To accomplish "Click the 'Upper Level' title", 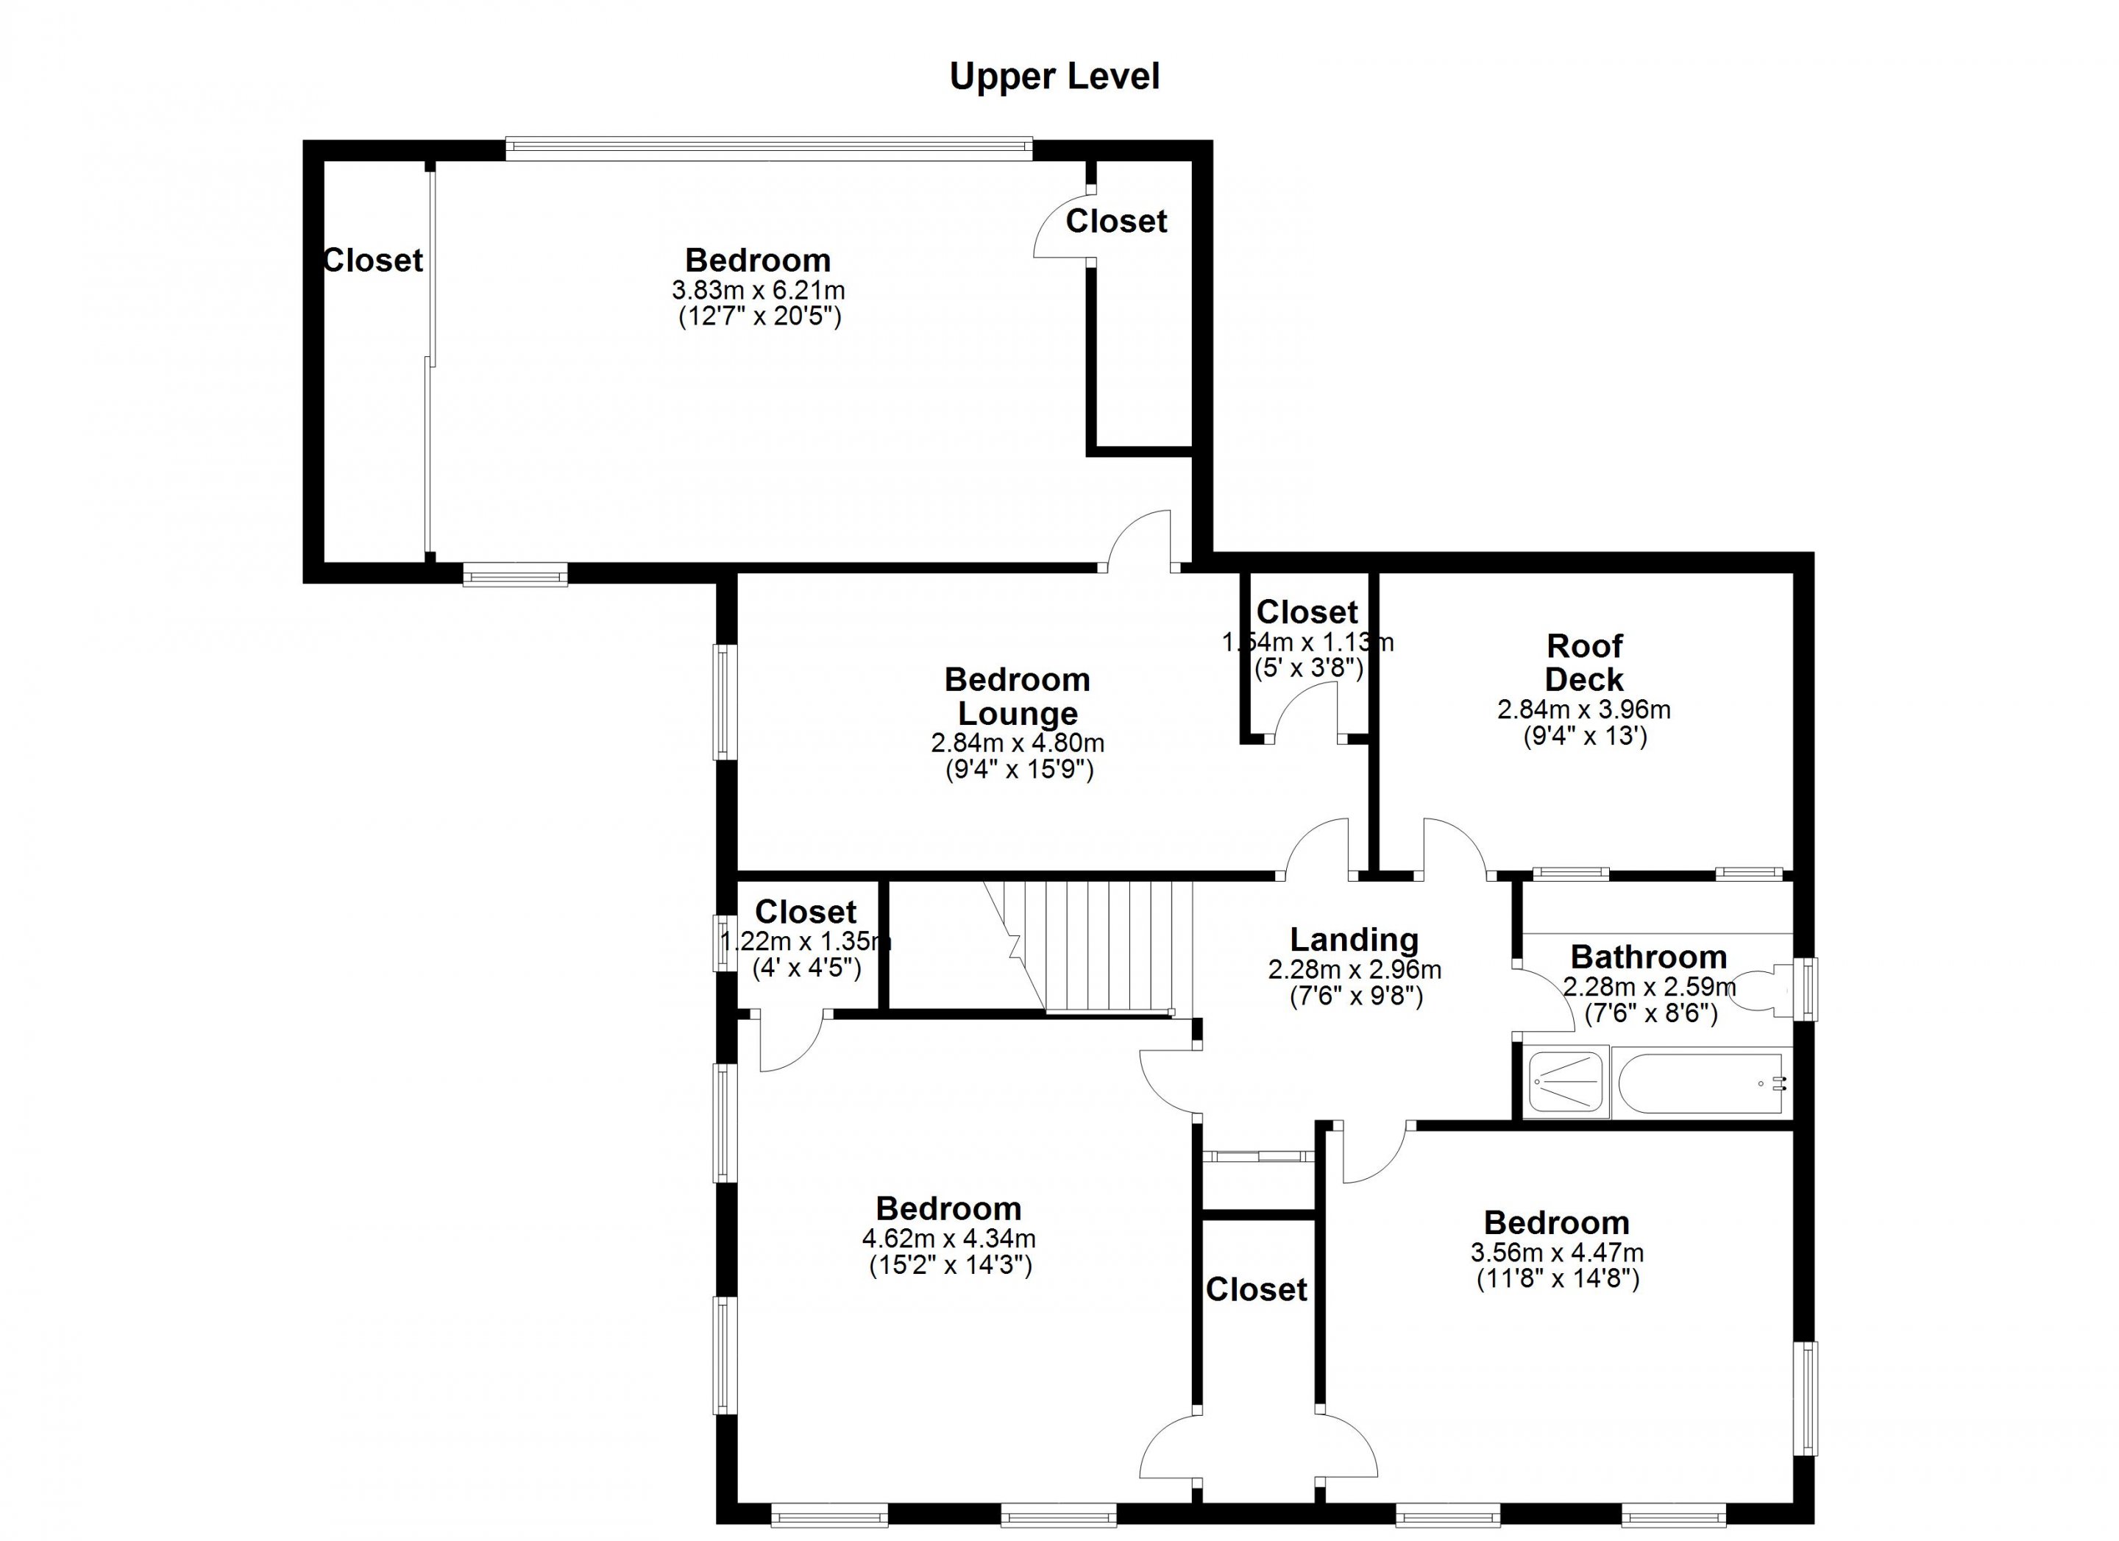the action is tap(1055, 77).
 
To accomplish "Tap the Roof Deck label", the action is tap(1585, 662).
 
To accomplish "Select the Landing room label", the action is tap(1354, 939).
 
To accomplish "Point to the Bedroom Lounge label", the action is tap(1018, 696).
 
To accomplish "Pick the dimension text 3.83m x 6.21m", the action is tap(758, 290).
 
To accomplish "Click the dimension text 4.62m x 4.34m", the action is tap(948, 1239).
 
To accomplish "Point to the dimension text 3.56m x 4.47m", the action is tap(1557, 1253).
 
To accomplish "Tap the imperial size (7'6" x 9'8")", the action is tap(1356, 997).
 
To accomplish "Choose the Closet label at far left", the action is tap(373, 260).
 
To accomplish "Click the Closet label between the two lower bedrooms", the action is tap(1257, 1289).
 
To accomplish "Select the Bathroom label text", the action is tap(1648, 957).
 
